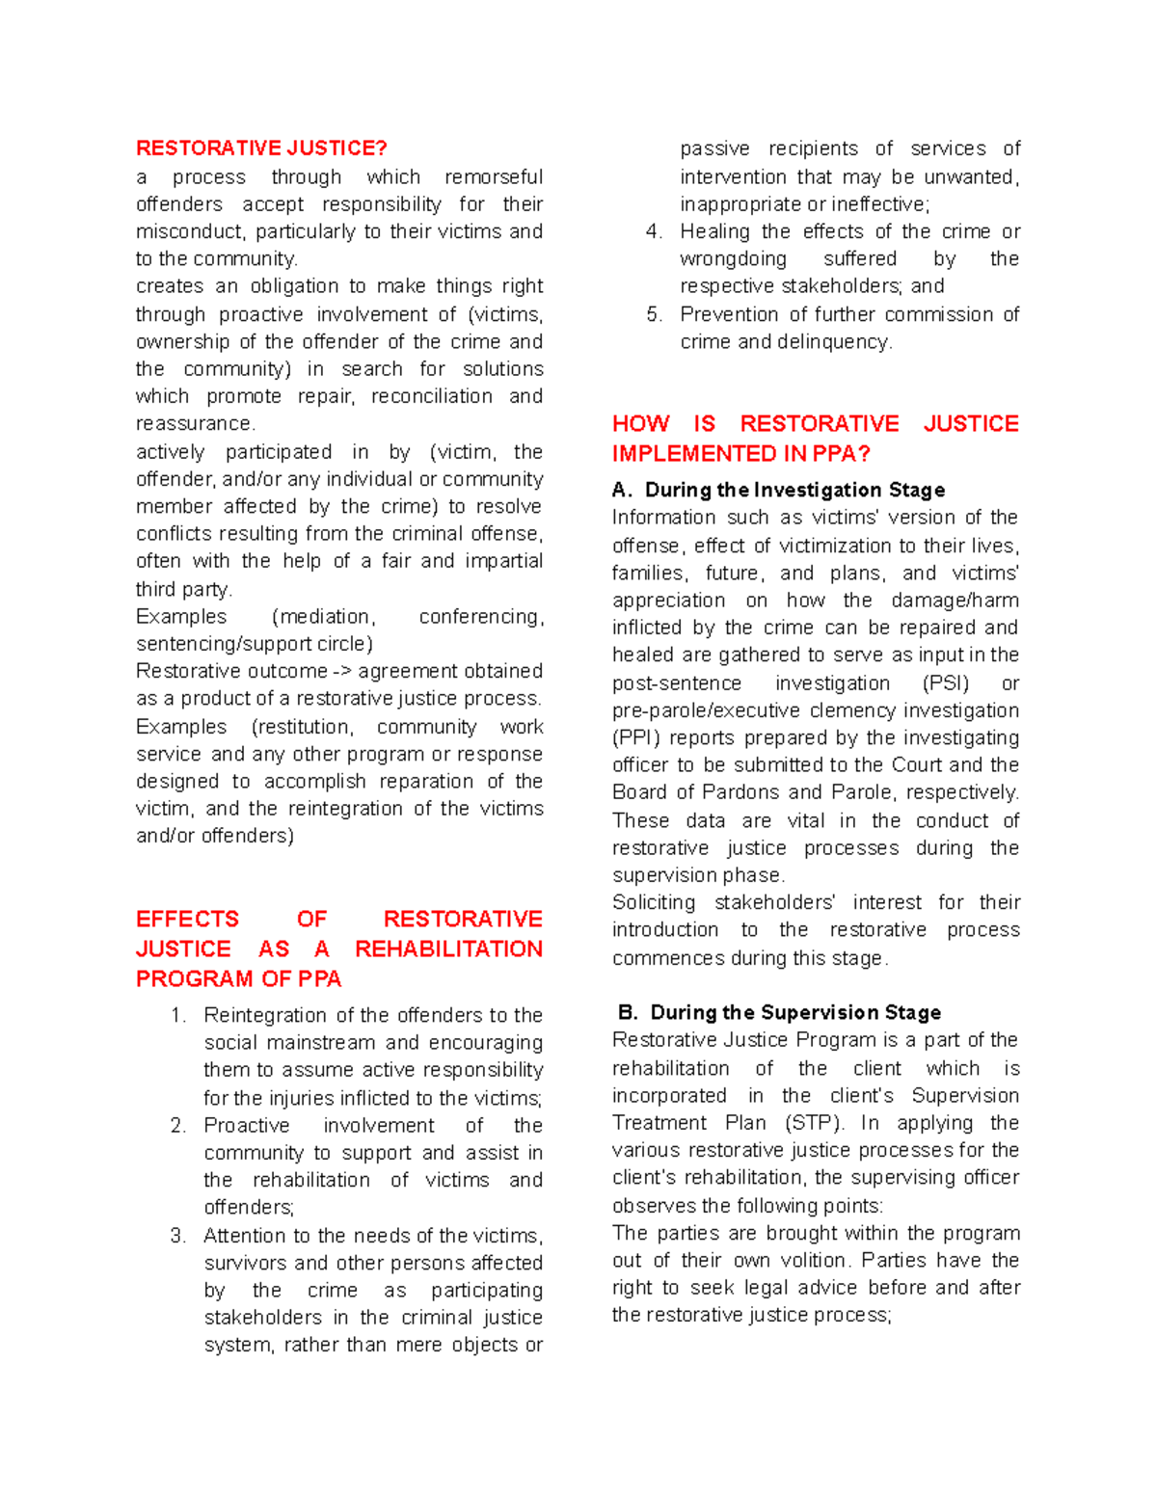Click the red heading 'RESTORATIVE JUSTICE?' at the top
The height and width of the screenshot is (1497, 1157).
coord(261,147)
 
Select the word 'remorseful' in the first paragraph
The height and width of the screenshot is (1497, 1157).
coord(493,177)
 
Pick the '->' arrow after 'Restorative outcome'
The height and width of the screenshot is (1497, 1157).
coord(342,671)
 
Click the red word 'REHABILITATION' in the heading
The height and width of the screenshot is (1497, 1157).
coord(448,949)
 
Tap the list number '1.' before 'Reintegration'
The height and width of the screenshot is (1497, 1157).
coord(177,1015)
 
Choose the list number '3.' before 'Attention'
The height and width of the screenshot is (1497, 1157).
coord(177,1236)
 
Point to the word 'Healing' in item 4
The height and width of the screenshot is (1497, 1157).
coord(714,231)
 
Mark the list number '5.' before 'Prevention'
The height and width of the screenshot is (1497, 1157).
coord(655,314)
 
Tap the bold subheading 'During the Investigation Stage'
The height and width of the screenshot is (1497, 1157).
coord(794,490)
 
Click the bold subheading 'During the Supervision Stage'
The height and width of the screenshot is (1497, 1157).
coord(795,1012)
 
